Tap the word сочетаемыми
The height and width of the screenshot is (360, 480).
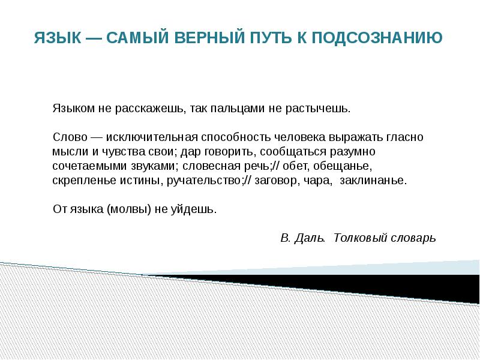coord(84,166)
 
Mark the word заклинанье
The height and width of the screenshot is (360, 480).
coord(373,180)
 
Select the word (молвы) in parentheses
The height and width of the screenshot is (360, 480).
coord(125,209)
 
